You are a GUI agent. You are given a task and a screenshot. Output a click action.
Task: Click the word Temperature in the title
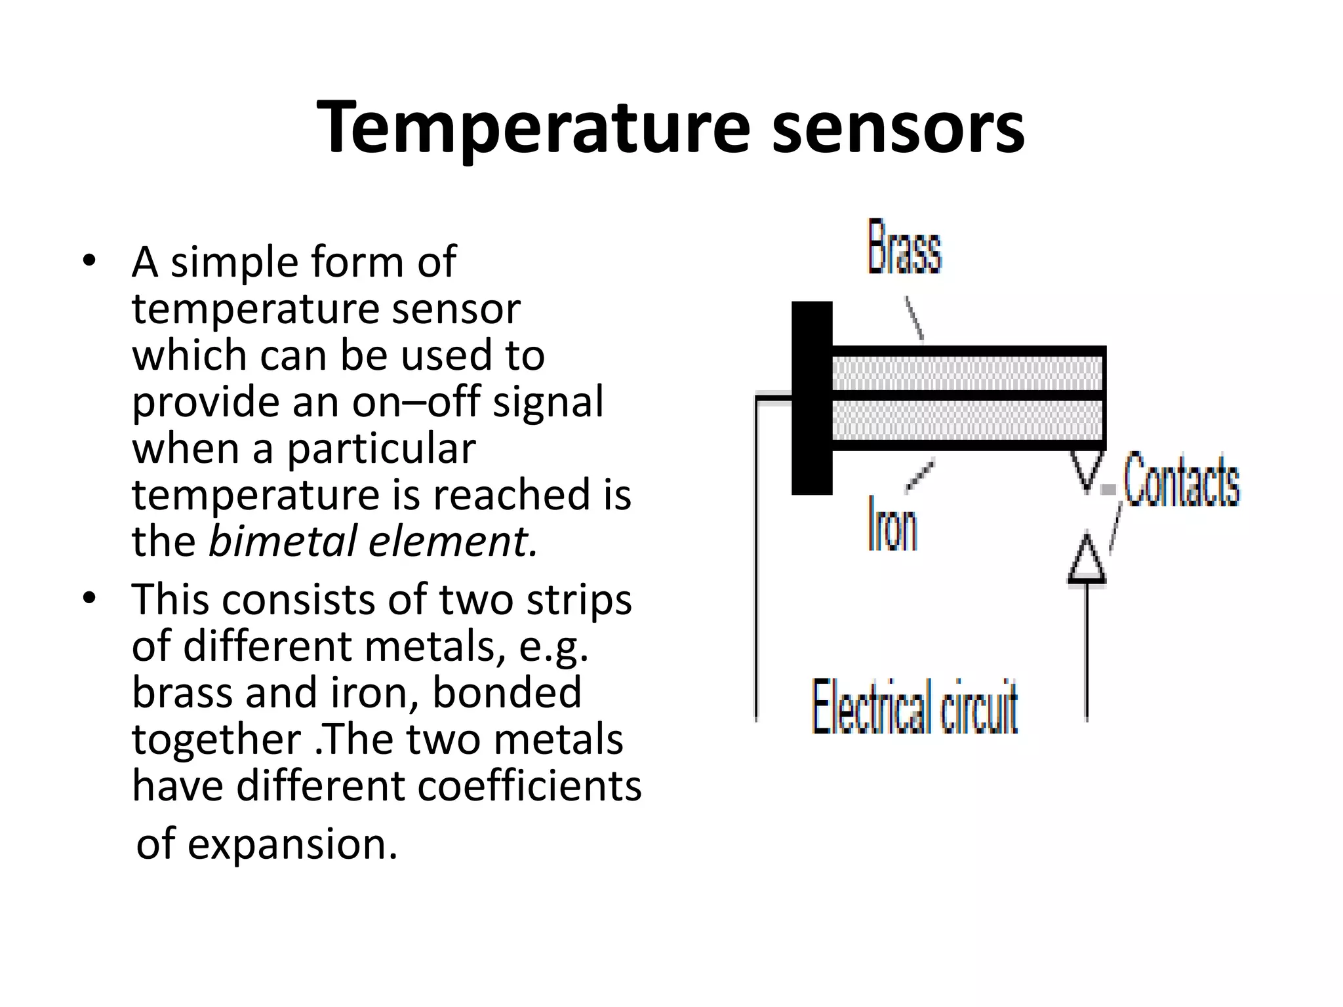pyautogui.click(x=532, y=127)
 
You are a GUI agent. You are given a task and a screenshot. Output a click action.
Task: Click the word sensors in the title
pyautogui.click(x=898, y=127)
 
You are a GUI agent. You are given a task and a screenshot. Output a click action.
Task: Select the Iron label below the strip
pyautogui.click(x=892, y=524)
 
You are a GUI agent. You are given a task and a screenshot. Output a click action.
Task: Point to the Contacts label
pyautogui.click(x=1182, y=481)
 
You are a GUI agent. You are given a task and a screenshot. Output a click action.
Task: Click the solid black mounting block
pyautogui.click(x=812, y=398)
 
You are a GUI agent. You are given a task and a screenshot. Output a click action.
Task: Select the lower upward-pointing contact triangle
pyautogui.click(x=1087, y=561)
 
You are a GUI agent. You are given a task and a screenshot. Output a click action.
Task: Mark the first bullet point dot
pyautogui.click(x=89, y=261)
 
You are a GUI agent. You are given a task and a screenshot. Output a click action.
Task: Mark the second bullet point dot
pyautogui.click(x=89, y=598)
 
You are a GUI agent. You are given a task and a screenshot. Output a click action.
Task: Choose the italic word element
pyautogui.click(x=452, y=542)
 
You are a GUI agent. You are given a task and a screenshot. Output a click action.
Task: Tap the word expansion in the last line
pyautogui.click(x=292, y=844)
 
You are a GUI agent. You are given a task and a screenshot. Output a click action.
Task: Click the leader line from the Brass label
pyautogui.click(x=915, y=318)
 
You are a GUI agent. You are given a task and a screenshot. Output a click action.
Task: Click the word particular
pyautogui.click(x=381, y=449)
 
